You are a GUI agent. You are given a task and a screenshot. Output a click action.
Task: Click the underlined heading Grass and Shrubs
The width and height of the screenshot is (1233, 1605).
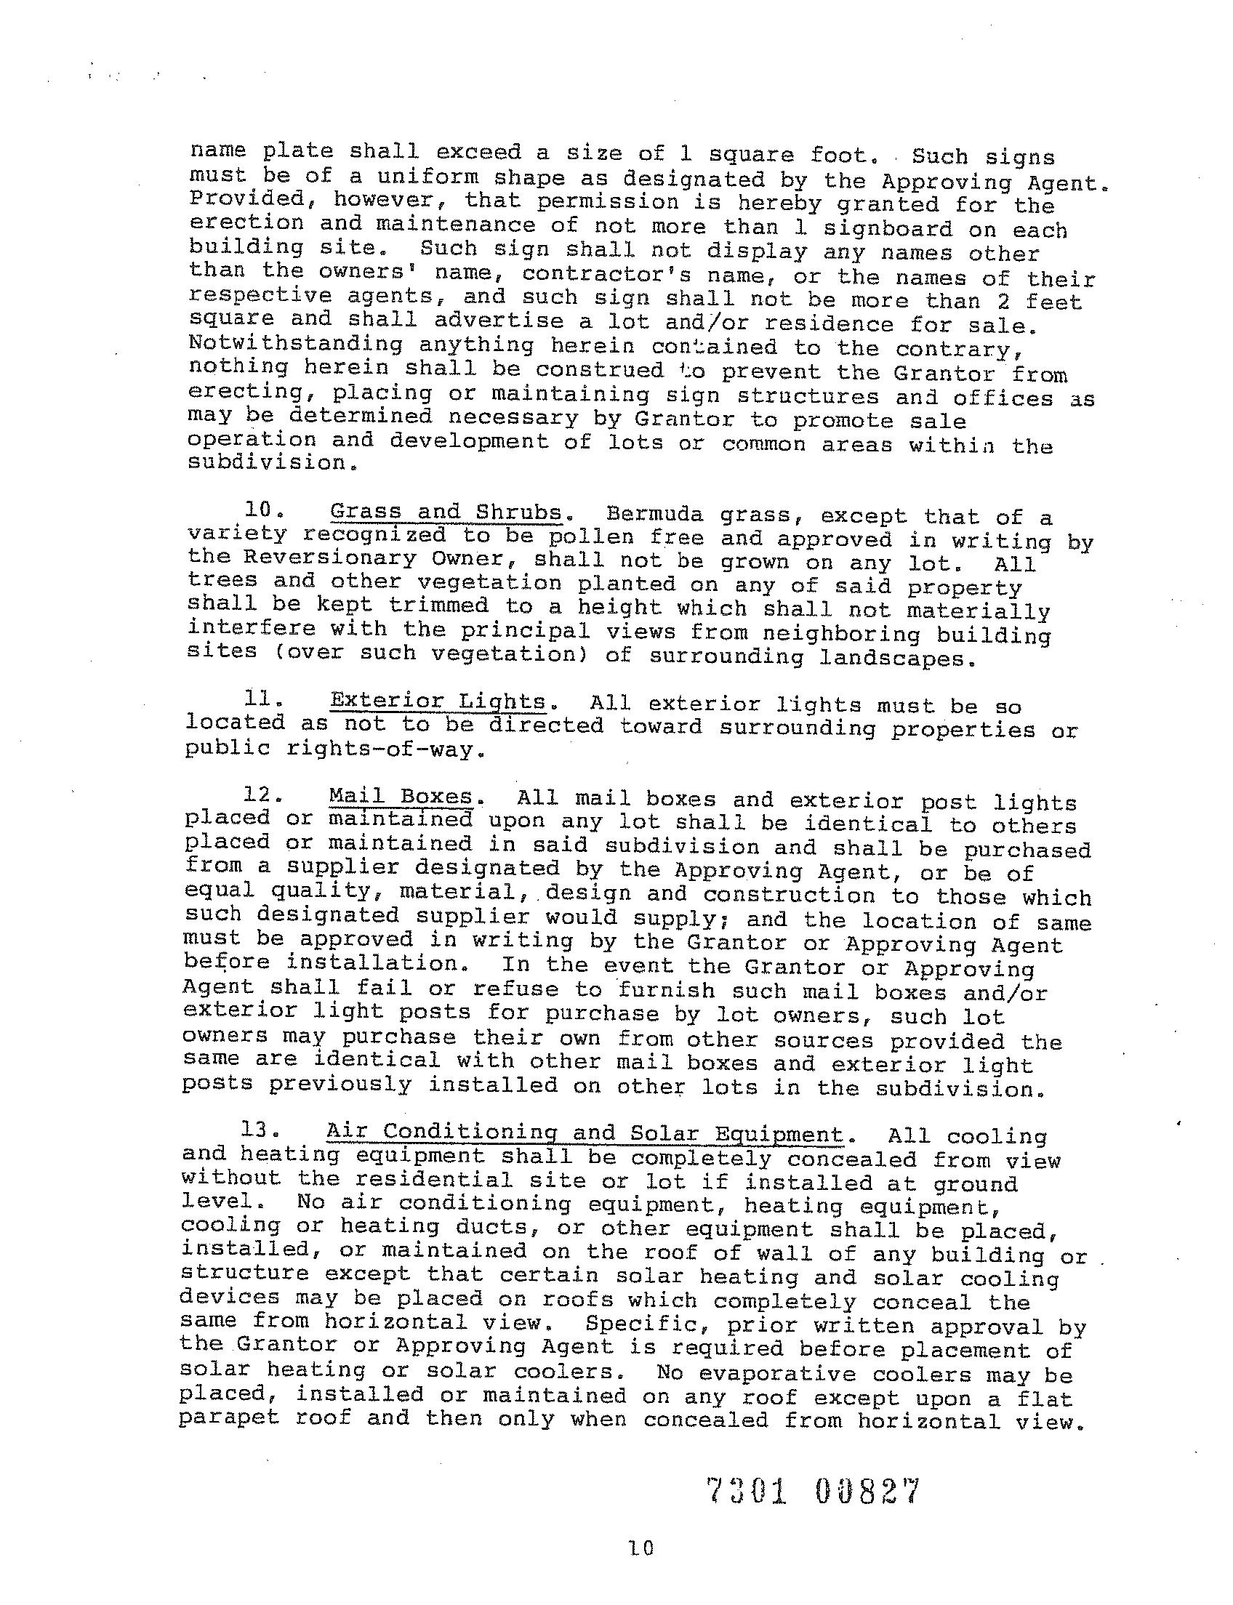(x=446, y=512)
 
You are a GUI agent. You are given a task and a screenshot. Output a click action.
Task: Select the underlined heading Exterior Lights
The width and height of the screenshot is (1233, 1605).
(x=438, y=701)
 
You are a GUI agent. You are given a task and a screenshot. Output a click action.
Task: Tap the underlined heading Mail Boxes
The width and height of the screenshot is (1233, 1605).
(x=401, y=796)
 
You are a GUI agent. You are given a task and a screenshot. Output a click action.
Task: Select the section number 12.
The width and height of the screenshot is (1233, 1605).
(x=260, y=795)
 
